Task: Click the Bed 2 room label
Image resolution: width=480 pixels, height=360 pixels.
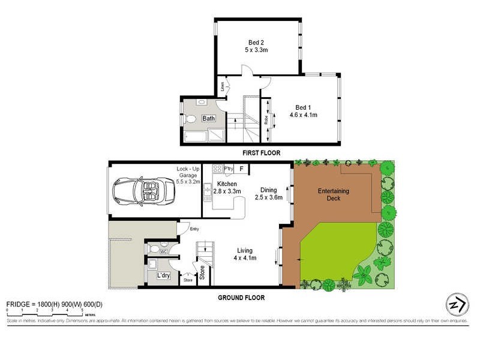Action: (257, 42)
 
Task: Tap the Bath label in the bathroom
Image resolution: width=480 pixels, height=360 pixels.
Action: (208, 119)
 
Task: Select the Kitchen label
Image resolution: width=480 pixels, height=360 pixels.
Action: (227, 184)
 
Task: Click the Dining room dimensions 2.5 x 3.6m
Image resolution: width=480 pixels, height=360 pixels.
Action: (268, 197)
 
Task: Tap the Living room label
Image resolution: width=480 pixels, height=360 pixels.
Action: (244, 250)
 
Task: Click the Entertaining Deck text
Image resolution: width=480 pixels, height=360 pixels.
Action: (333, 195)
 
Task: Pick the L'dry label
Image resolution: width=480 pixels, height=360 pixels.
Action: (163, 276)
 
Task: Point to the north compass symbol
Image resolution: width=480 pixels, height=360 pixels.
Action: (457, 305)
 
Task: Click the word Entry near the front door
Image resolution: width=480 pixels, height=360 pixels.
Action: (194, 229)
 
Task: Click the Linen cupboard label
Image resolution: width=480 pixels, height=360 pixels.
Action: (221, 88)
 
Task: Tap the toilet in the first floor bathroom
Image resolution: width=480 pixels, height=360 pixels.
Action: (191, 119)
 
